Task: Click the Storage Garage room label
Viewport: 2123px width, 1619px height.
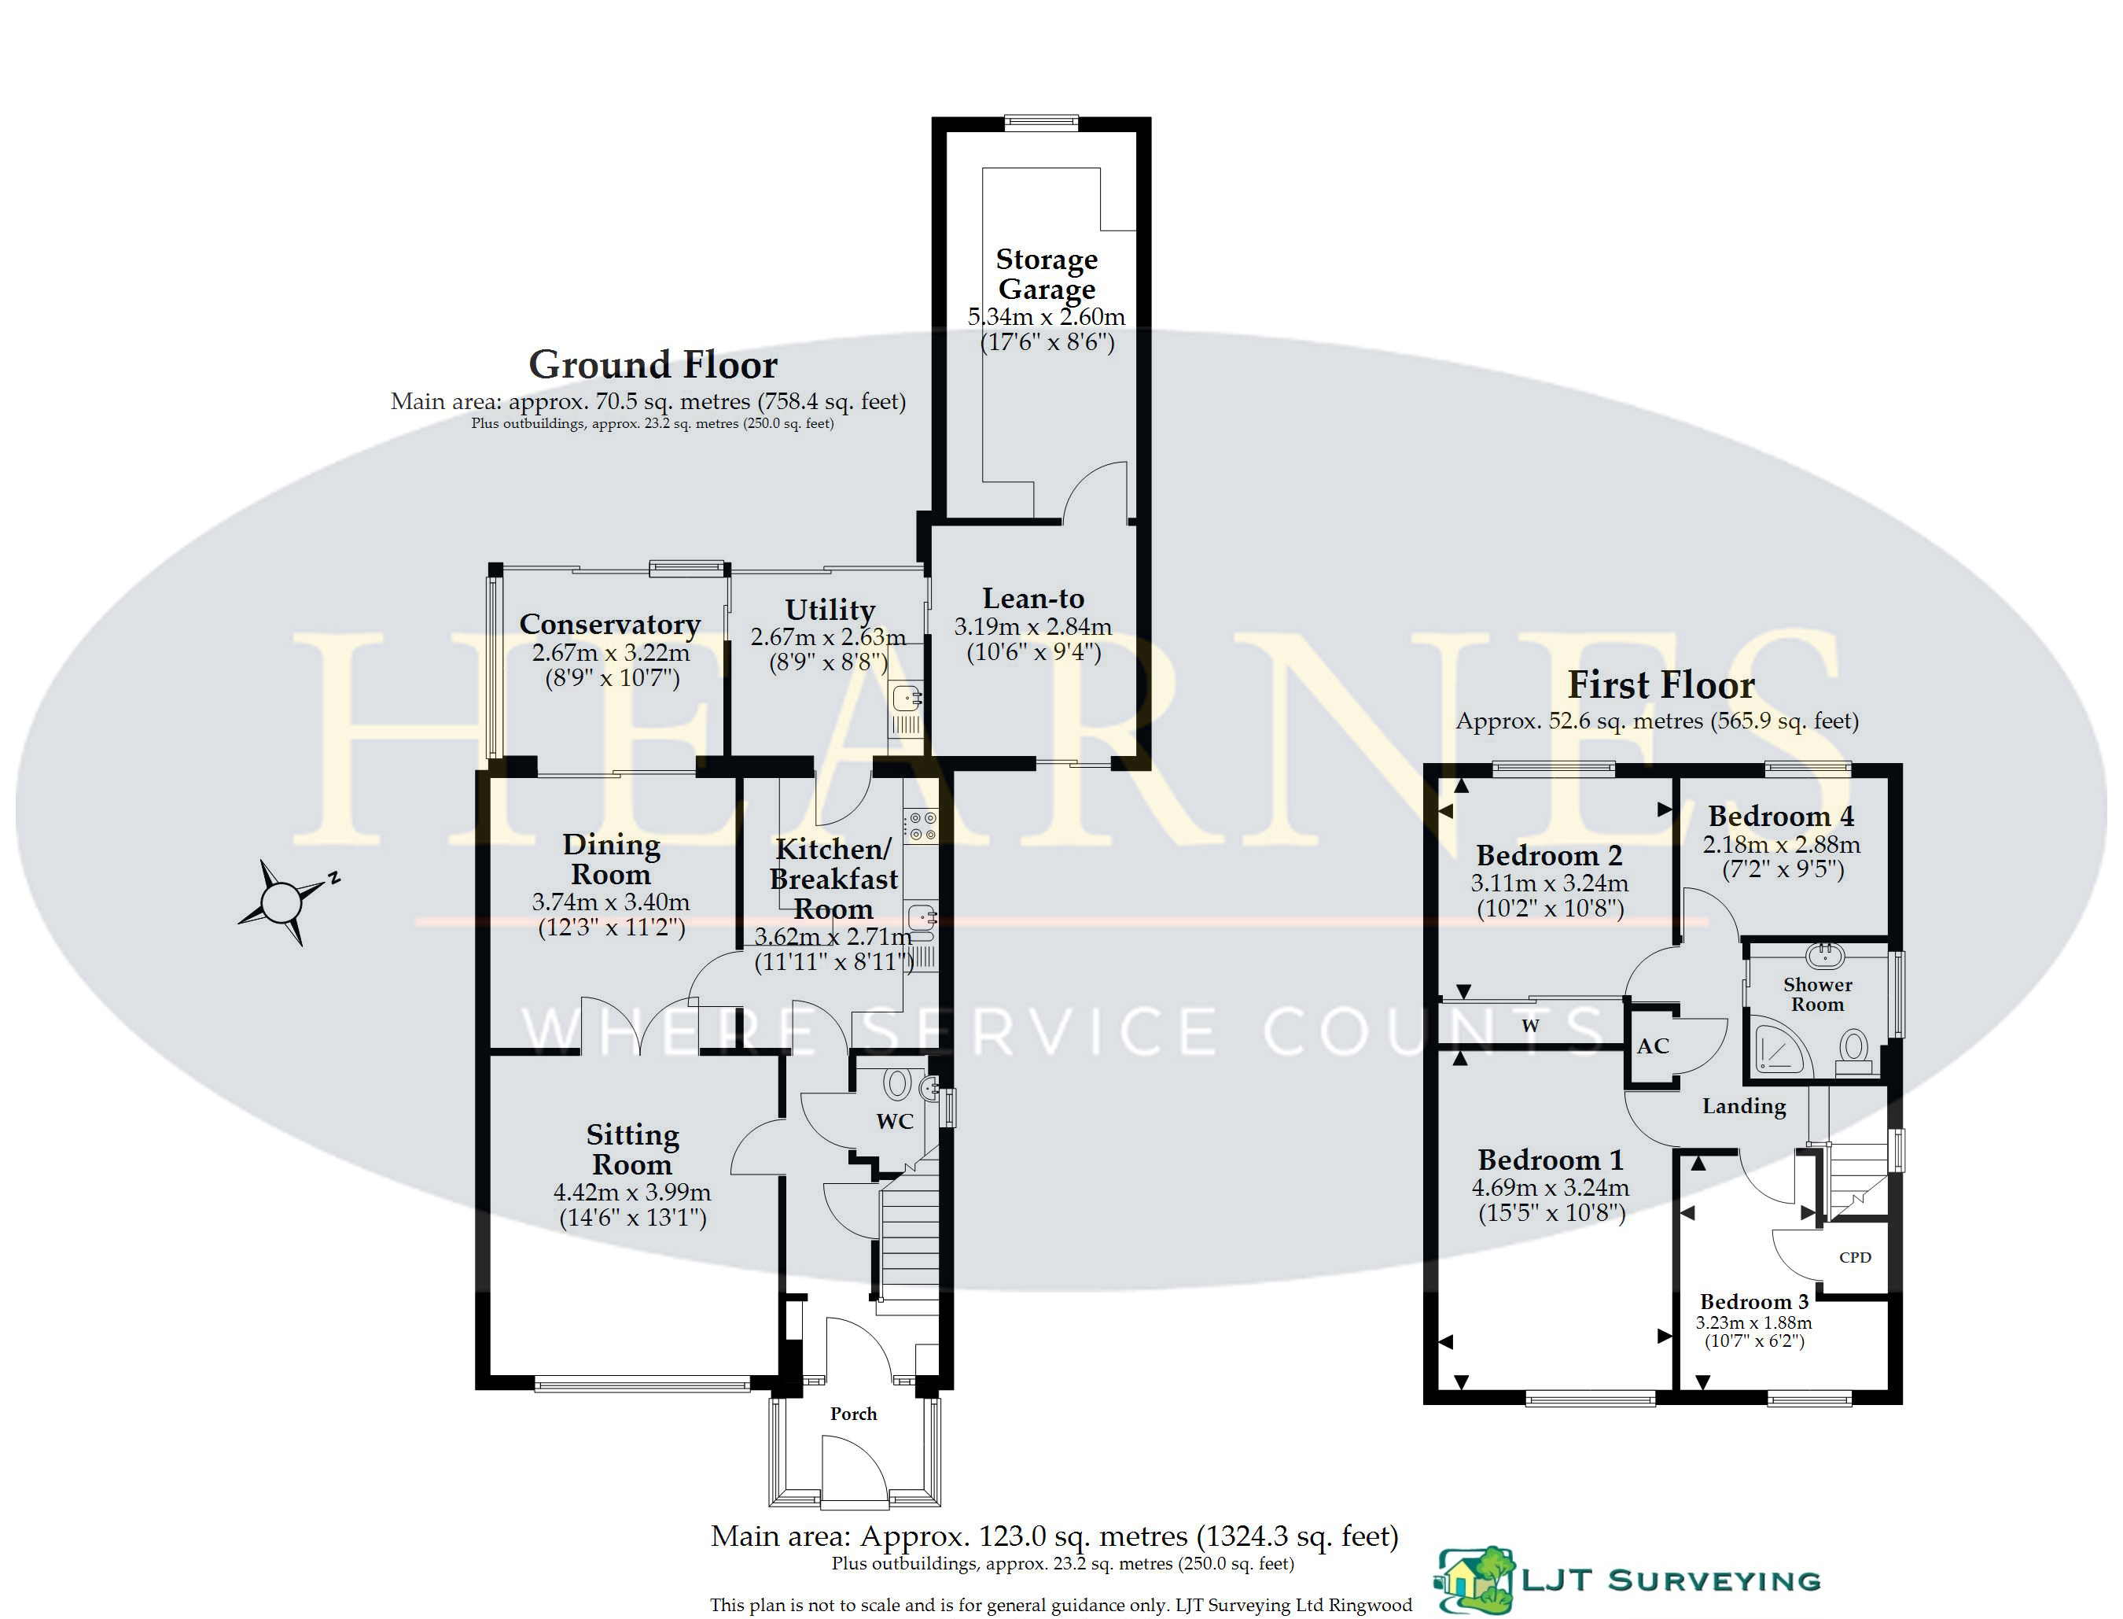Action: [x=1047, y=274]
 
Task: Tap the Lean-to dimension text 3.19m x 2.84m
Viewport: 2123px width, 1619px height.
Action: [x=1032, y=626]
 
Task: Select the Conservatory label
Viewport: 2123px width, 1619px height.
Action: [x=609, y=625]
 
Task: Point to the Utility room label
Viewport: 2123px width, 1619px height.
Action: [x=830, y=610]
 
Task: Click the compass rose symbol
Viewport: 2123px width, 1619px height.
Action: [x=283, y=903]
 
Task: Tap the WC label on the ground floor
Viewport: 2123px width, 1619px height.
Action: [x=894, y=1121]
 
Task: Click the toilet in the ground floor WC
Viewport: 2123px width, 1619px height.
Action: [x=897, y=1083]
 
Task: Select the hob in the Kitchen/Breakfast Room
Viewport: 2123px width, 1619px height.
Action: [x=919, y=826]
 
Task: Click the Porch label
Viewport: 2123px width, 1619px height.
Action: [x=853, y=1414]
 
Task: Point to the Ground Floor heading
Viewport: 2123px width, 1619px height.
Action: [x=653, y=364]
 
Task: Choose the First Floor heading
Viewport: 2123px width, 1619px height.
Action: [x=1661, y=685]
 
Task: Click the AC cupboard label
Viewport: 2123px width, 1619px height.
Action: [x=1653, y=1046]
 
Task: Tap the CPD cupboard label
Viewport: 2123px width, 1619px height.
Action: [x=1855, y=1256]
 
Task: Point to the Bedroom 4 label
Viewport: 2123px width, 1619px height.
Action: [x=1781, y=817]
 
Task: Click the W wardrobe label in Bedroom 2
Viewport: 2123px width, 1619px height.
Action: [x=1531, y=1025]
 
